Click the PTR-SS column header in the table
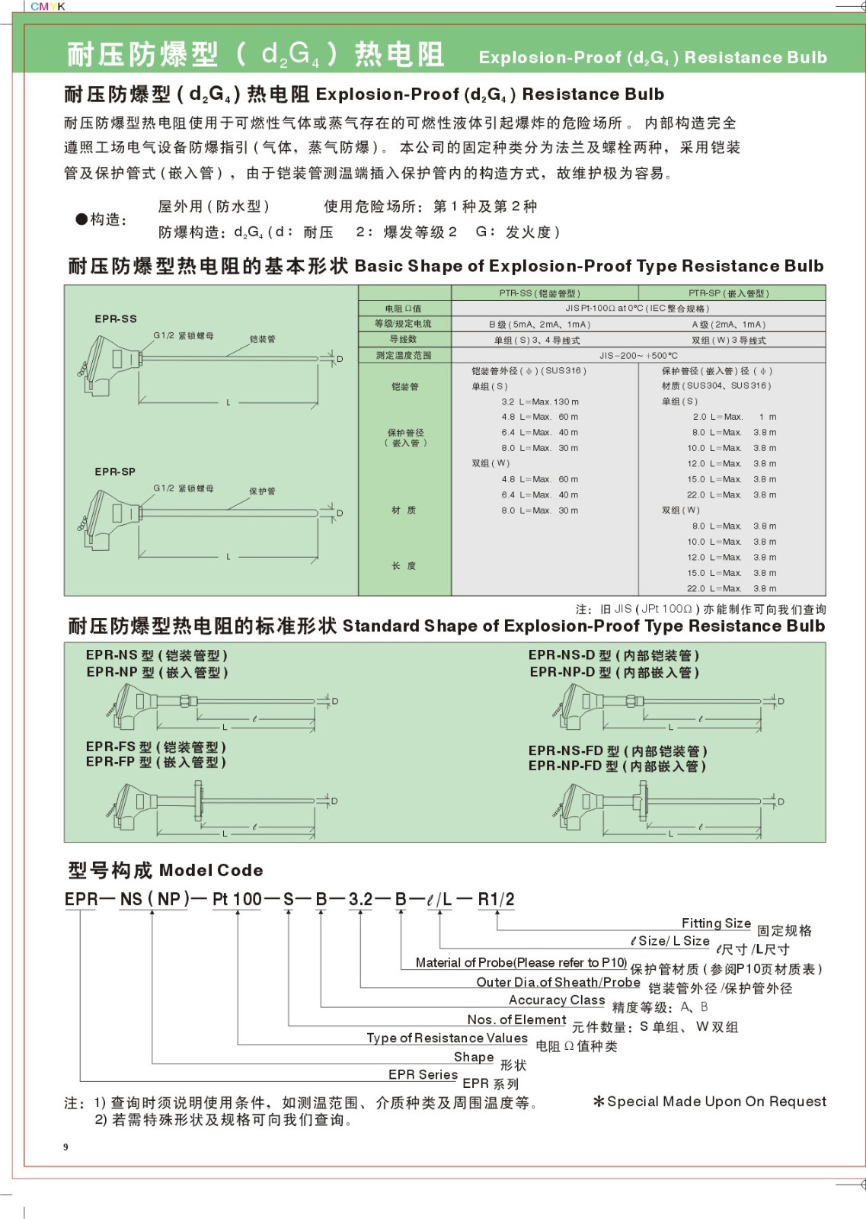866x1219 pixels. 539,293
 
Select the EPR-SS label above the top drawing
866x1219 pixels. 116,319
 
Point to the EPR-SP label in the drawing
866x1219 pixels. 115,472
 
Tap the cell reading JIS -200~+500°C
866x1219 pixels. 638,355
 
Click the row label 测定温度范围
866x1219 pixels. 404,355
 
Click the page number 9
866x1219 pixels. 66,1147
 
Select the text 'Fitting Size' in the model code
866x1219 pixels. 716,923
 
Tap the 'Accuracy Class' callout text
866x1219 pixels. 557,1000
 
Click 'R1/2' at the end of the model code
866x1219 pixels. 496,899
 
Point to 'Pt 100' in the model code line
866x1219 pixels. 237,899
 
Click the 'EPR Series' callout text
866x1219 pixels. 423,1075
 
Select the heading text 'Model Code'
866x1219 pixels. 211,870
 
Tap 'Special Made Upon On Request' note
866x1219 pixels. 716,1102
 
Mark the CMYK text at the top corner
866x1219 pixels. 48,6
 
